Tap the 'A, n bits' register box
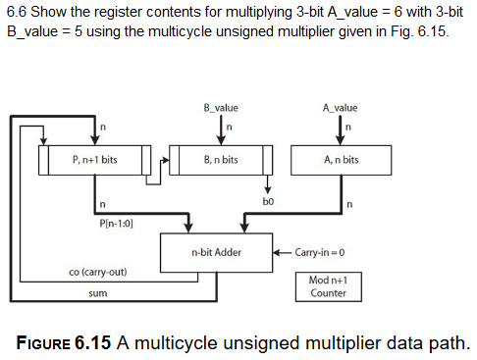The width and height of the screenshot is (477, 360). pos(340,159)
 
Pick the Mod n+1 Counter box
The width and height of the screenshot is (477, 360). pos(328,285)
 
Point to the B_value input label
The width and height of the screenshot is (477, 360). pos(220,107)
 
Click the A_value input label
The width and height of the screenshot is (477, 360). pos(340,107)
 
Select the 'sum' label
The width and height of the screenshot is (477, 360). pos(97,292)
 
